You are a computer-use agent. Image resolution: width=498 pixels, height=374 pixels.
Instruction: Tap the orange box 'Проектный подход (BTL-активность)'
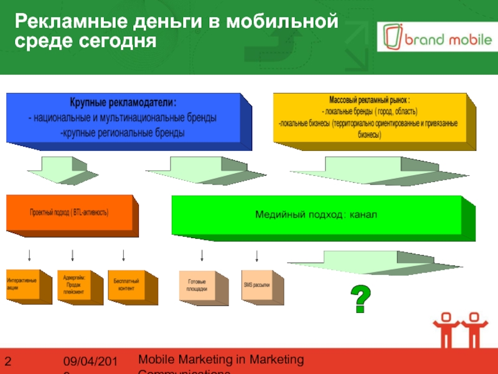click(69, 213)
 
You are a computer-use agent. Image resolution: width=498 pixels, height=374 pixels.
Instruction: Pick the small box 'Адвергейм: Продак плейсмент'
click(73, 284)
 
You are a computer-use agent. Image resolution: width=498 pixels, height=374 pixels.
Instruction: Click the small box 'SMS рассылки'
click(256, 285)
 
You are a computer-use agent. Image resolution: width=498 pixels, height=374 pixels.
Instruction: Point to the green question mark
click(359, 299)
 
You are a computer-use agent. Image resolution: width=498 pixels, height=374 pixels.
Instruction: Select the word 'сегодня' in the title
click(116, 42)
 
